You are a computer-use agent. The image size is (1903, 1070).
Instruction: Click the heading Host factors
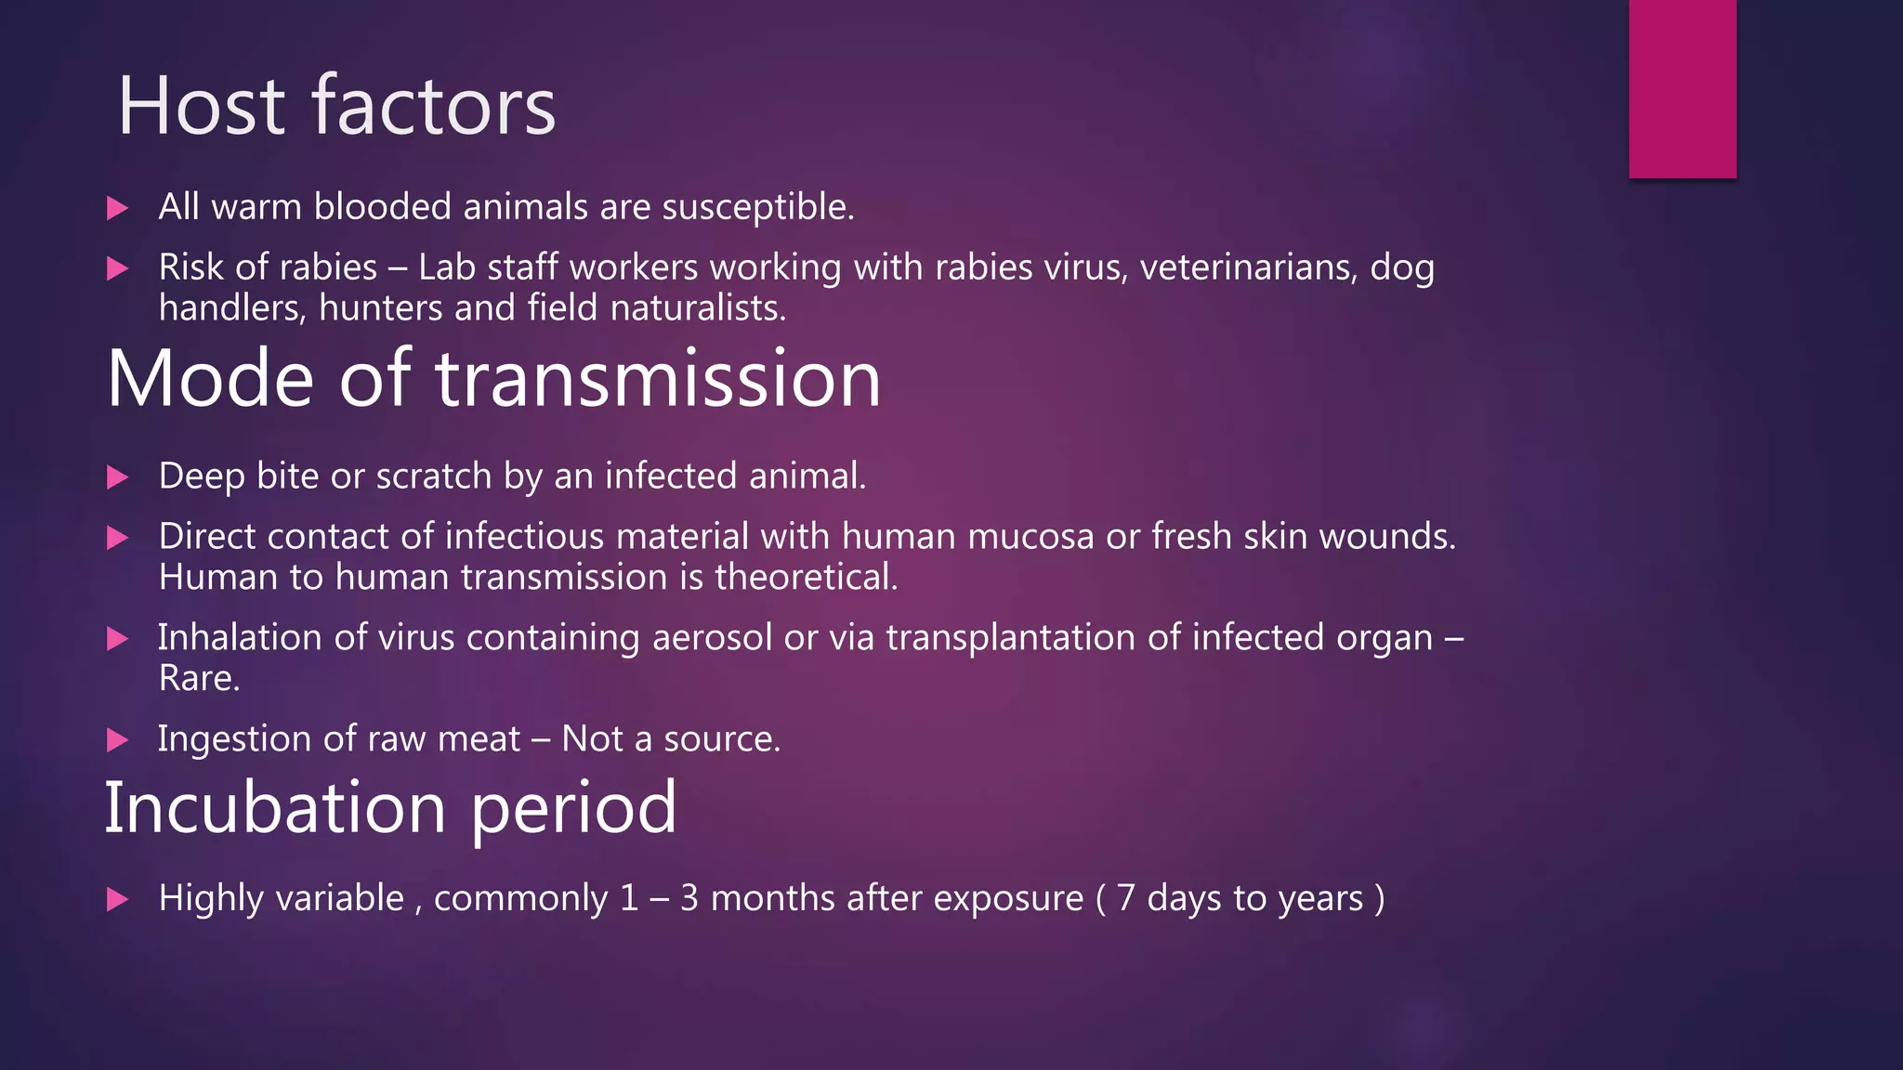336,107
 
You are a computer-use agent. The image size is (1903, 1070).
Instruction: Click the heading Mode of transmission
493,378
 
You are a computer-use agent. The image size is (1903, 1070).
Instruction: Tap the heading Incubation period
390,807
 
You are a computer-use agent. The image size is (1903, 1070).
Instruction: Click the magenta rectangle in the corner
1682,88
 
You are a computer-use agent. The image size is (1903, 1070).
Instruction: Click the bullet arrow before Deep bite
118,477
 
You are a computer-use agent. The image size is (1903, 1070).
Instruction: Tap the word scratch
433,476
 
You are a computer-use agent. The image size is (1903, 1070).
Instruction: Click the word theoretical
806,578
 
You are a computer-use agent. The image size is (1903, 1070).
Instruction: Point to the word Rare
199,679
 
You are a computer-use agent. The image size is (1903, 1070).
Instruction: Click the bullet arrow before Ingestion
118,740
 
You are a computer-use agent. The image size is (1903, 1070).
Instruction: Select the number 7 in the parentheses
1125,898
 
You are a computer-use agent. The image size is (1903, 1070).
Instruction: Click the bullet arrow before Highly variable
118,899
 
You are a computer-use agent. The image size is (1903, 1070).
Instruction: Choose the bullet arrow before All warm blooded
118,208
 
